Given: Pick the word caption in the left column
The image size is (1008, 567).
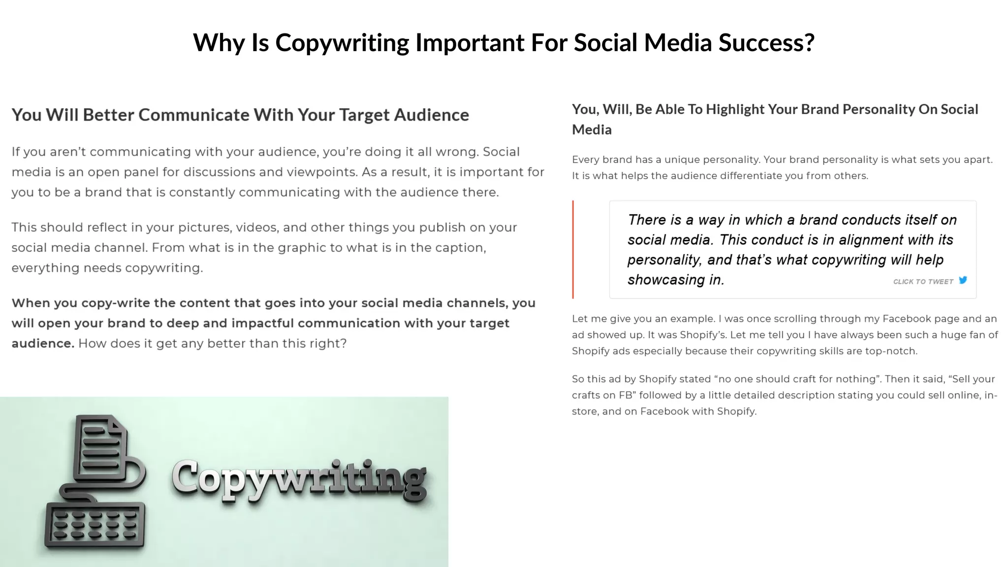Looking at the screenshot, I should click(459, 247).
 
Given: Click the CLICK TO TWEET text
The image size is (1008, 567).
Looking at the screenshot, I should click(923, 282).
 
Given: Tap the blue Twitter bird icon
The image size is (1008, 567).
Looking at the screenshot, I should click(963, 280).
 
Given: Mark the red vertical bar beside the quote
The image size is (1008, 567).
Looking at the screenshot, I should click(573, 249).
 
